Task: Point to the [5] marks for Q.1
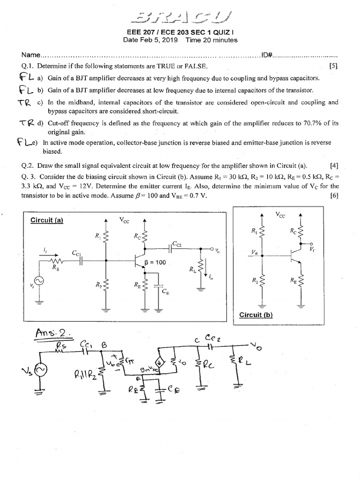pyautogui.click(x=333, y=67)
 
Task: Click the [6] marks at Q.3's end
pyautogui.click(x=333, y=195)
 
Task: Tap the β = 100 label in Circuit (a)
pyautogui.click(x=156, y=262)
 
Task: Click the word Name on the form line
pyautogui.click(x=31, y=55)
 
